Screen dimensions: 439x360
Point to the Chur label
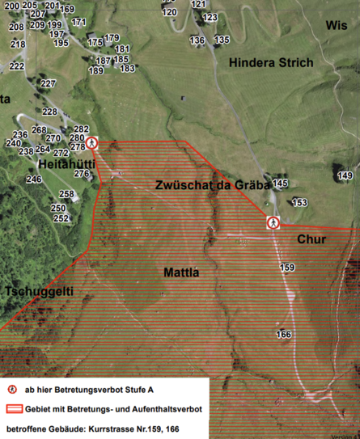point(311,240)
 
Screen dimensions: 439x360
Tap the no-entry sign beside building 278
point(92,143)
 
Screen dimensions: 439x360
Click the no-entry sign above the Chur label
point(273,222)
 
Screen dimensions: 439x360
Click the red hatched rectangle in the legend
point(15,408)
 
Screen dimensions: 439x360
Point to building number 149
point(345,175)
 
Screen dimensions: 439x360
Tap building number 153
point(299,202)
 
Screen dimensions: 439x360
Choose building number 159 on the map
point(287,267)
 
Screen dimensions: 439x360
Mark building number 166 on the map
point(283,334)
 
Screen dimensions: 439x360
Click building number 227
point(49,84)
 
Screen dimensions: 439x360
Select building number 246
point(34,179)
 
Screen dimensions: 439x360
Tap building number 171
point(78,22)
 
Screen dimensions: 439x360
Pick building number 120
point(169,12)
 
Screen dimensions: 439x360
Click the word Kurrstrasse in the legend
point(115,428)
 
